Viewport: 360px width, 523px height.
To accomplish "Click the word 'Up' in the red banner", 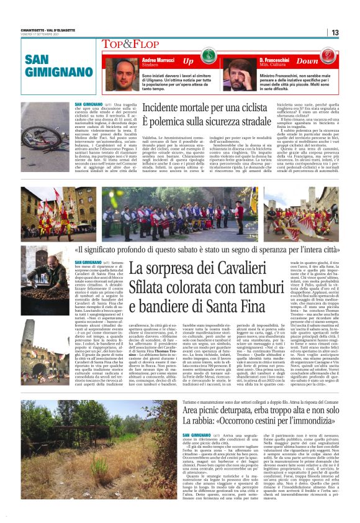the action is [187, 61].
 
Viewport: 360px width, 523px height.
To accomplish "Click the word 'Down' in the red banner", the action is [307, 61].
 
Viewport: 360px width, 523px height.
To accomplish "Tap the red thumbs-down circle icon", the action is [328, 61].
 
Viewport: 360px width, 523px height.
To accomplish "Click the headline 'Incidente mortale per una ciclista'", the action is [213, 108].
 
